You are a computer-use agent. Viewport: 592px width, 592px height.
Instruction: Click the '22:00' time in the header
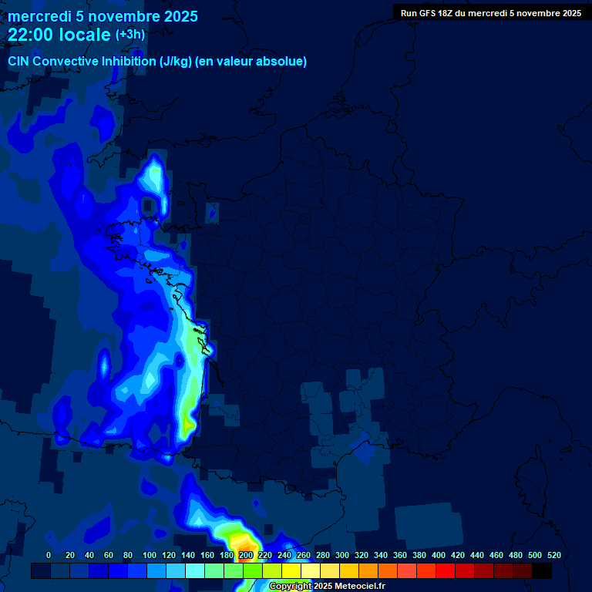click(x=32, y=35)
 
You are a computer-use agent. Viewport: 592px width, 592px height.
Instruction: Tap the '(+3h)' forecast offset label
click(x=129, y=35)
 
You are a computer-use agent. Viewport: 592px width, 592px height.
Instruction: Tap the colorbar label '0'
click(x=49, y=555)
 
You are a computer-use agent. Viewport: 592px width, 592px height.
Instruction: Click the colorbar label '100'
click(x=149, y=555)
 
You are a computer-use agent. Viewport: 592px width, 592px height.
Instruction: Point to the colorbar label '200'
click(x=246, y=555)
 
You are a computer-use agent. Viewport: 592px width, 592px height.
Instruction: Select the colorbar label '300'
click(x=342, y=555)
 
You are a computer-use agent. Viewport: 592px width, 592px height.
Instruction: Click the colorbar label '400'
click(x=439, y=555)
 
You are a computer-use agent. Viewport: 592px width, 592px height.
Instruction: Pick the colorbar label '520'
click(x=553, y=555)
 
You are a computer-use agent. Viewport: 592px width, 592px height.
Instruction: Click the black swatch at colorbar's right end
click(x=542, y=570)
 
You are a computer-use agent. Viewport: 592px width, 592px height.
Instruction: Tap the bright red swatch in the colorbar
click(x=446, y=570)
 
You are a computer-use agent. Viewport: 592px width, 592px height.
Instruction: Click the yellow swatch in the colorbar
click(x=291, y=570)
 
